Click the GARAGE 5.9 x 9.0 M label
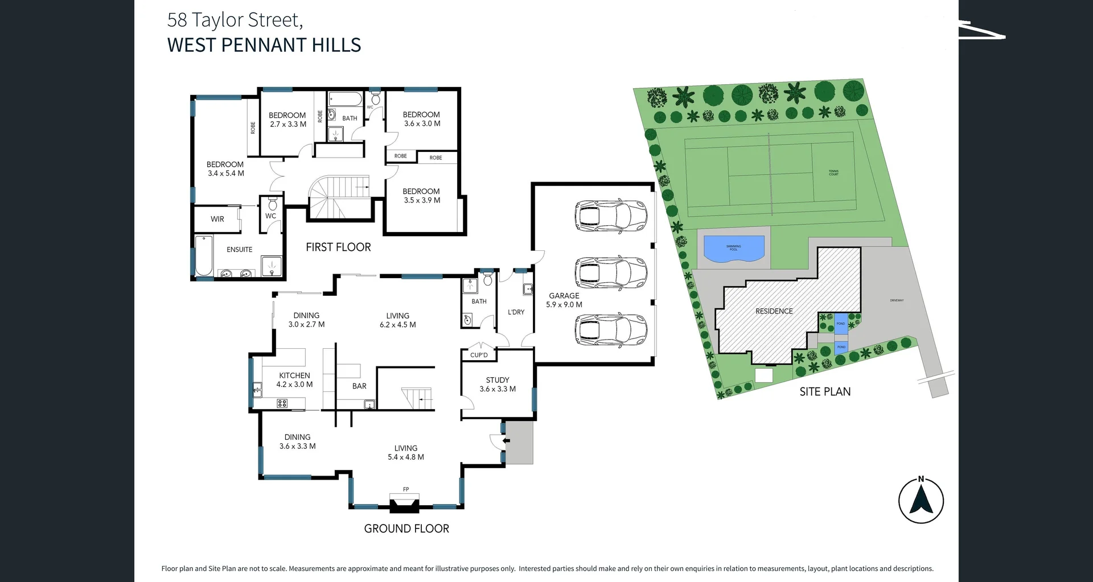pos(564,300)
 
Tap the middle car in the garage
pos(611,274)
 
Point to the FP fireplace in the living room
pos(405,501)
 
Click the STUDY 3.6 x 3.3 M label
pos(497,384)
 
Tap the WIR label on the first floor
pos(217,219)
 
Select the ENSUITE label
pos(239,250)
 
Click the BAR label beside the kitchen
pos(359,386)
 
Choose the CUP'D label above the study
pos(479,355)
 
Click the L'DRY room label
pos(516,312)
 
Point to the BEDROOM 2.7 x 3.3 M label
pos(287,119)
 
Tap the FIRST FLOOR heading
pos(338,247)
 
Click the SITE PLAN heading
pos(825,391)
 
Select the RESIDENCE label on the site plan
pos(774,311)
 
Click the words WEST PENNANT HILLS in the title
pos(264,45)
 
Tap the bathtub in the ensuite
pos(203,255)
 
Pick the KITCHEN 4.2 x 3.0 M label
pos(294,379)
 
